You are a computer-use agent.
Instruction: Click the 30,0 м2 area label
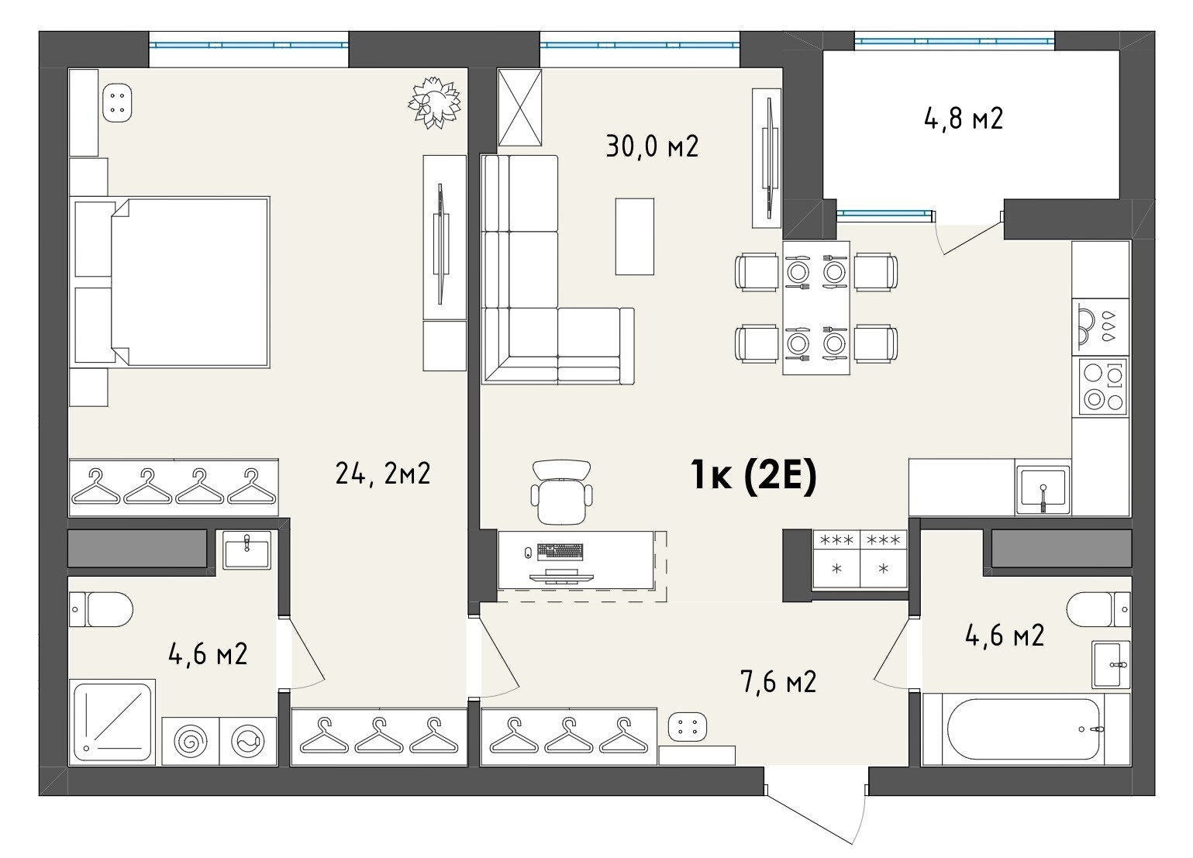click(652, 146)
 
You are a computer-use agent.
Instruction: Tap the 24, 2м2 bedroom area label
click(382, 473)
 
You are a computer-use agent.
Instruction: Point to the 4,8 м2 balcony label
click(964, 119)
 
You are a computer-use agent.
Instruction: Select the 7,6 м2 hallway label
click(778, 681)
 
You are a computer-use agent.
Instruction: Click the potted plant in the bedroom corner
click(435, 103)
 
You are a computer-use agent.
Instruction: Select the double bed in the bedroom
click(188, 282)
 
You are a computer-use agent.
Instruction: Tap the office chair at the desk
click(562, 491)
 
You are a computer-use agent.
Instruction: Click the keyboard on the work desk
click(560, 552)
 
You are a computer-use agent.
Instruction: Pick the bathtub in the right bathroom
click(1026, 729)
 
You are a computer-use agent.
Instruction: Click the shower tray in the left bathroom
click(112, 722)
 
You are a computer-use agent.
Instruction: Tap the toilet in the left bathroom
click(101, 609)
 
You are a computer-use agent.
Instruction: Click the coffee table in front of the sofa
click(634, 236)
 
